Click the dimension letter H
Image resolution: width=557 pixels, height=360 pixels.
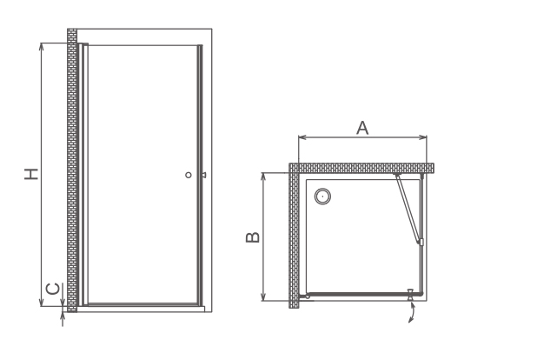pos(31,173)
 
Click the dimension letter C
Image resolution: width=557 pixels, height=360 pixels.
pos(53,289)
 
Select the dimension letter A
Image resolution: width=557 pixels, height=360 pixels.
pos(362,128)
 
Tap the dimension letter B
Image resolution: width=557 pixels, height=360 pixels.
pos(253,237)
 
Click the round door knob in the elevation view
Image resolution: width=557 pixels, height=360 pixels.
pos(189,175)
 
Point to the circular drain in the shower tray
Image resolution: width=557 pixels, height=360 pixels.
pos(322,197)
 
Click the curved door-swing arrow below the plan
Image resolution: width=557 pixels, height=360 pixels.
pos(412,312)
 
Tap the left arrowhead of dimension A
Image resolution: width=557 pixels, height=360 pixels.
pos(302,137)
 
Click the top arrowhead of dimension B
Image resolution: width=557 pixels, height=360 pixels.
pos(263,177)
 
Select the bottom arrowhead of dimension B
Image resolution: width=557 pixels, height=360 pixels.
pos(263,297)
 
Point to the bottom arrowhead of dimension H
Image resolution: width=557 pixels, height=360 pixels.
pos(42,303)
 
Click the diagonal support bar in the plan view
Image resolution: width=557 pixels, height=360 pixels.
pos(408,209)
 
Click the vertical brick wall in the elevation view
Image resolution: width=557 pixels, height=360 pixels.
pos(72,170)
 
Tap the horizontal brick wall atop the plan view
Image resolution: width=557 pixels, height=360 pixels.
pos(361,168)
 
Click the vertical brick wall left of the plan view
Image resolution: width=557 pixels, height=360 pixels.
pos(294,236)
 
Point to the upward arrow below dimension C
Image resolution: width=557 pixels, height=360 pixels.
pos(63,319)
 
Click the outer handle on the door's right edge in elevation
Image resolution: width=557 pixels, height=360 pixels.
pos(204,175)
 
